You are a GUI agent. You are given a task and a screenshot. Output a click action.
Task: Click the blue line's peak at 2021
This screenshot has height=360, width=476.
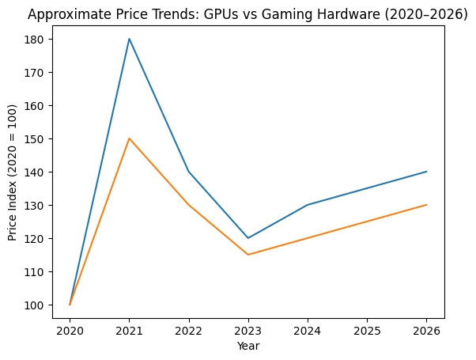click(129, 39)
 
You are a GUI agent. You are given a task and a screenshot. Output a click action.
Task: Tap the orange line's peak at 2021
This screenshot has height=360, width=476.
click(129, 138)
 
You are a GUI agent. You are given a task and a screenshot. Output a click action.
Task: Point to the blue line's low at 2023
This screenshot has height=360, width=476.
click(248, 238)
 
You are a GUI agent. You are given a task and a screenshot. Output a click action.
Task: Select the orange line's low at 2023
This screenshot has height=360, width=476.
click(248, 255)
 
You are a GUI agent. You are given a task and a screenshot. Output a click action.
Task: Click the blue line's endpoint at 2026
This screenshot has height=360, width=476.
click(427, 172)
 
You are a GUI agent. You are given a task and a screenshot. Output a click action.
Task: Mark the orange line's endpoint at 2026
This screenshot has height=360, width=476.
click(427, 205)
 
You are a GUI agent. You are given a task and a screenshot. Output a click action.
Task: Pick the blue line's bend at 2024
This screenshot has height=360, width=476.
click(308, 205)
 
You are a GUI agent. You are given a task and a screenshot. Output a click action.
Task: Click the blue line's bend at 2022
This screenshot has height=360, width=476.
click(189, 172)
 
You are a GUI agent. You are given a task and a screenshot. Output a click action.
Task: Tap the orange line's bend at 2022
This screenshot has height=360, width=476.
click(189, 205)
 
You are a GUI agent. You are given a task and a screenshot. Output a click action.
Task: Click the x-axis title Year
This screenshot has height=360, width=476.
click(248, 347)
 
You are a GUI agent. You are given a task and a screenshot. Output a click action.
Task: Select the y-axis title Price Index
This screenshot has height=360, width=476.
click(13, 172)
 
